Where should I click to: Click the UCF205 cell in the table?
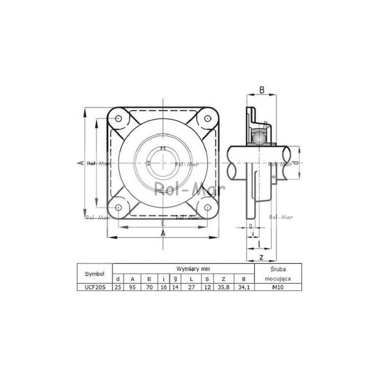pos(95,287)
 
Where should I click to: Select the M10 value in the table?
pos(278,287)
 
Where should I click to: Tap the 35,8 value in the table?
pos(223,287)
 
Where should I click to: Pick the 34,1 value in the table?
pos(244,287)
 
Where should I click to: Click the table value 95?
pos(132,287)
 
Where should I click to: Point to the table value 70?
pos(149,287)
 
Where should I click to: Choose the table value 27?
pos(192,287)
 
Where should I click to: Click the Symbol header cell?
pos(95,274)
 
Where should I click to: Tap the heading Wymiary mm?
pos(193,269)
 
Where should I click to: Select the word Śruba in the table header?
pos(278,269)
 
